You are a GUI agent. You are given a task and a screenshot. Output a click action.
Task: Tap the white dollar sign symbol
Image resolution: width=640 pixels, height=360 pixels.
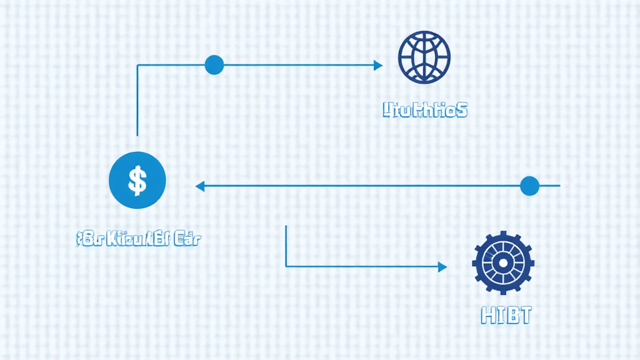tap(137, 181)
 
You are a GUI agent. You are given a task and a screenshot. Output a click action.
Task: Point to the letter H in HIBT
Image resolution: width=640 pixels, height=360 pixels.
tap(489, 316)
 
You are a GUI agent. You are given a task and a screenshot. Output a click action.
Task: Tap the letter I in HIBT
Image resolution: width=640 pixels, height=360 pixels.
tap(501, 316)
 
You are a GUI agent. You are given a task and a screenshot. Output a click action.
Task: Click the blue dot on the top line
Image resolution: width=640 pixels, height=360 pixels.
tap(214, 65)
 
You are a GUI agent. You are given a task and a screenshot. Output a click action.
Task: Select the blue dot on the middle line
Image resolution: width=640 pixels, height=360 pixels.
tap(529, 186)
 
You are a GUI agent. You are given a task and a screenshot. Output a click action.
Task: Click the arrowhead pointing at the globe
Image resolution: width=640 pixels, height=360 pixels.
tap(378, 65)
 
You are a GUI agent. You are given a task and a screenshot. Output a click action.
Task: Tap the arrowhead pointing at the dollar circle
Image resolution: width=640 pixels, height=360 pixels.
tap(200, 186)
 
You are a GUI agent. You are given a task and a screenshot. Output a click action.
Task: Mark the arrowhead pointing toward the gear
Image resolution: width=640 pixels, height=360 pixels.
tap(442, 267)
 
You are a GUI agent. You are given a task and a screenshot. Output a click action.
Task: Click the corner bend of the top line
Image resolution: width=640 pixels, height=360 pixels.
tap(137, 65)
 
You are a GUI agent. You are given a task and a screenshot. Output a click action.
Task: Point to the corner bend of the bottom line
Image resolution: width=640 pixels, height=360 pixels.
tap(286, 267)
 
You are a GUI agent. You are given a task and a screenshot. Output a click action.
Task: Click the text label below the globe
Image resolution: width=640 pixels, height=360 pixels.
tap(424, 111)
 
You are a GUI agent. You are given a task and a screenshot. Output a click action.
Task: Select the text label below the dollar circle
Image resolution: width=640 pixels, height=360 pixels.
tap(138, 238)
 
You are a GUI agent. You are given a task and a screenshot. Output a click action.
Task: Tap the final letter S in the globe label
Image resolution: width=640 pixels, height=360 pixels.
tap(461, 111)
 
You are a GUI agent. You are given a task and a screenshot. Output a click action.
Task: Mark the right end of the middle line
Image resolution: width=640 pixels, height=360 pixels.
tap(559, 186)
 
